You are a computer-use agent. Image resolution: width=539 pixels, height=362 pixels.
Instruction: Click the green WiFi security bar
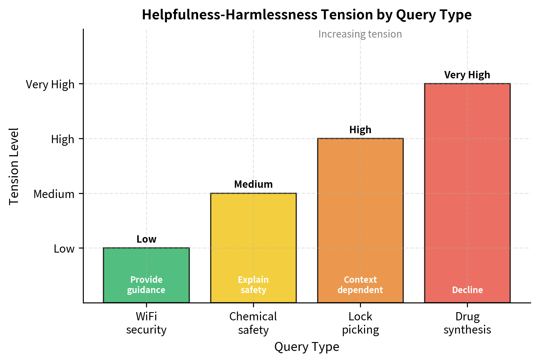point(146,264)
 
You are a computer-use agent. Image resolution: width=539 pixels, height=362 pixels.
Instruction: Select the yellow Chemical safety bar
point(253,235)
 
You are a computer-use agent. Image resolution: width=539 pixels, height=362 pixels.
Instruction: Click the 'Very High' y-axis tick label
point(50,84)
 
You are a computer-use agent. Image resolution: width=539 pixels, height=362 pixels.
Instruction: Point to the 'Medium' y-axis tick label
point(54,194)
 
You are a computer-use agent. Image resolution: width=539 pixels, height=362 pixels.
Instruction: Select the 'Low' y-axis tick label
point(64,249)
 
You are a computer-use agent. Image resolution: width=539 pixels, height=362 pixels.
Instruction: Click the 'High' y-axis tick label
point(63,139)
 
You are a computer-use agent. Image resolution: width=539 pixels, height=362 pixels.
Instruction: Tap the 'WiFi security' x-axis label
point(146,323)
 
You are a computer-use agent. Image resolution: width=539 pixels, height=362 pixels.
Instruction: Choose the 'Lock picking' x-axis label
point(360,323)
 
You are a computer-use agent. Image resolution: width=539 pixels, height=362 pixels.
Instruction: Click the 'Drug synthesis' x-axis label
point(467,323)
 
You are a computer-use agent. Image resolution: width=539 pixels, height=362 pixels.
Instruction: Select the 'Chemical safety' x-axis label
point(253,323)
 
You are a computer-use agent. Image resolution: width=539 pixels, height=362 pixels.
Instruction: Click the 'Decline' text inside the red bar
point(467,290)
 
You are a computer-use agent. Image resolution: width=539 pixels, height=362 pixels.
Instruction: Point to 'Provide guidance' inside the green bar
point(146,285)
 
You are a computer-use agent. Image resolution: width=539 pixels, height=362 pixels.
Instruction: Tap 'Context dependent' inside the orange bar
point(360,285)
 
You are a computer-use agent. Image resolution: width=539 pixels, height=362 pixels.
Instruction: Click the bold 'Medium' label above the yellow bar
point(253,184)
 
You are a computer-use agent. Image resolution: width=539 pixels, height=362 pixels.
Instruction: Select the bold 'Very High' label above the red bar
point(467,75)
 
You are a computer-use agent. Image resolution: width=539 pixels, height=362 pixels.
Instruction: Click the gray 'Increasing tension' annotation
point(360,34)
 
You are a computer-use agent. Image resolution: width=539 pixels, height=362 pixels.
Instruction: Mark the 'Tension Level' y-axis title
point(14,166)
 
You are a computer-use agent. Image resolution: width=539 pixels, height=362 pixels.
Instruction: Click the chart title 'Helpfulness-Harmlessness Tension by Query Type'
point(307,15)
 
